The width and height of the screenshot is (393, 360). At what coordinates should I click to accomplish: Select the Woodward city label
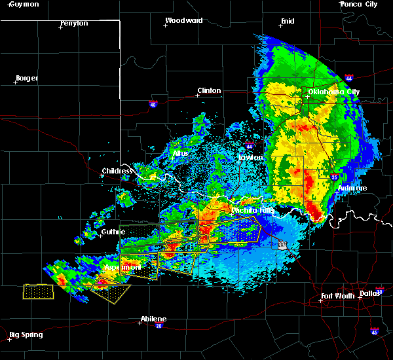pos(183,20)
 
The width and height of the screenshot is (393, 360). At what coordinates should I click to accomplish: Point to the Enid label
pos(288,21)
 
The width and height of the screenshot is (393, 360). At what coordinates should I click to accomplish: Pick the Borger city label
pos(27,79)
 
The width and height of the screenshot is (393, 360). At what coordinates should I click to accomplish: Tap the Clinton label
pos(209,91)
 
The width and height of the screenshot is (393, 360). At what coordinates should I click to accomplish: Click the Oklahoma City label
pos(335,92)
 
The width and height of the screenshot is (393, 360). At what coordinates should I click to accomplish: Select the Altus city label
pos(180,154)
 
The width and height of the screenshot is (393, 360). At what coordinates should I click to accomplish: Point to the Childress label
pos(117,171)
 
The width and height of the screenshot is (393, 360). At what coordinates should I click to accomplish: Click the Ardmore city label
pos(352,189)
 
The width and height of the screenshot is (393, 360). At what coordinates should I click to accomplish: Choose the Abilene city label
pos(153,319)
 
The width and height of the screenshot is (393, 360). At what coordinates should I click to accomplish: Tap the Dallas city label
pos(370,293)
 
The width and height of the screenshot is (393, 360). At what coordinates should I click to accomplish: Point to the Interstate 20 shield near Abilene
pos(159,326)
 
